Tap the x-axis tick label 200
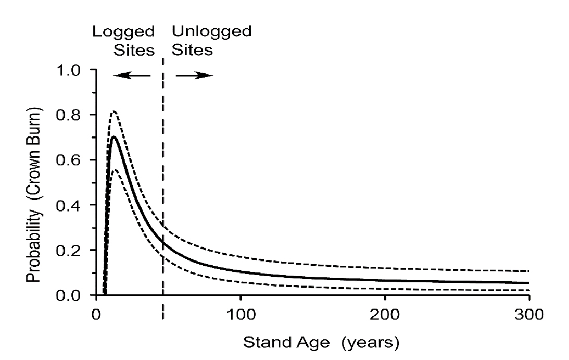pyautogui.click(x=385, y=315)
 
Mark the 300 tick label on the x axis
pyautogui.click(x=529, y=315)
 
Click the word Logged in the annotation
pyautogui.click(x=124, y=32)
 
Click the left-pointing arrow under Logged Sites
pyautogui.click(x=132, y=76)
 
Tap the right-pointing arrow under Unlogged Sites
pyautogui.click(x=194, y=76)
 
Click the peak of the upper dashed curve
pyautogui.click(x=113, y=111)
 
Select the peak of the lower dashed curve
pyautogui.click(x=115, y=170)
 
